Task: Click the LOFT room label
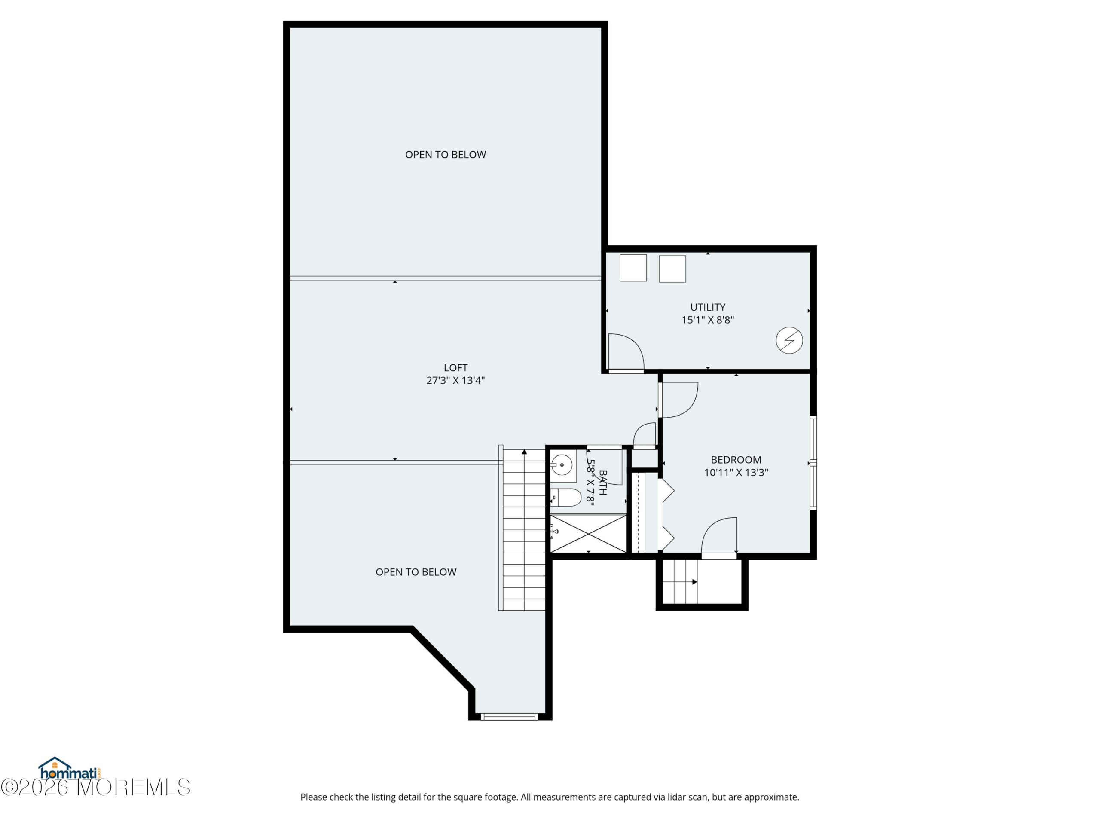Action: [455, 367]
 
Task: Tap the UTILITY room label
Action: [708, 307]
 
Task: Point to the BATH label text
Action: [603, 483]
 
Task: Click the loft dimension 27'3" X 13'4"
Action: [455, 380]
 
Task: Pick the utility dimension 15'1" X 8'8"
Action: [708, 320]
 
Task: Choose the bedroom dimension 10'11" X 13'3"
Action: [736, 472]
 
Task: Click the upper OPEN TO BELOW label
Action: [446, 155]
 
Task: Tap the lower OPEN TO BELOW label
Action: [416, 572]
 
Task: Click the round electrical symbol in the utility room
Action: [789, 340]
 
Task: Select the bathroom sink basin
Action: [562, 465]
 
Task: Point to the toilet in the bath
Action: [566, 497]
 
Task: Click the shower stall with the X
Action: [588, 534]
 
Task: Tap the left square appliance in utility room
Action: [633, 268]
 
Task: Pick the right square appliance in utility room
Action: [672, 269]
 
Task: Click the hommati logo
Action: [70, 769]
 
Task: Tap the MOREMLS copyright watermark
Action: [95, 787]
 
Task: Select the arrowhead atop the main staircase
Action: [524, 452]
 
